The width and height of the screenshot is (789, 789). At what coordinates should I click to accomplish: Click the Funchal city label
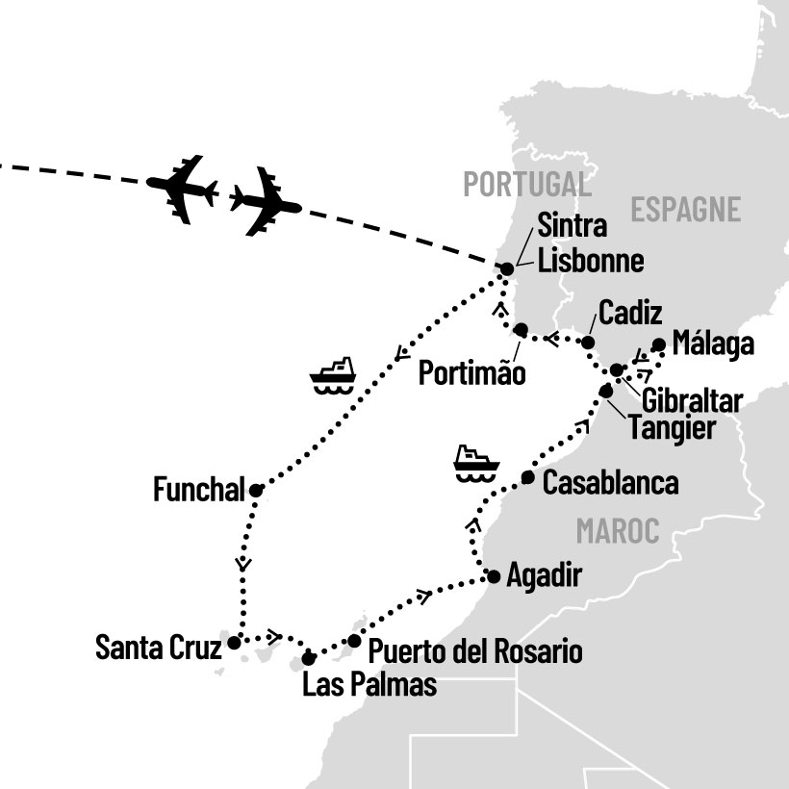tap(199, 490)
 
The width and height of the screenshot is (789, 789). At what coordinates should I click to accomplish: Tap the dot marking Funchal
tap(256, 491)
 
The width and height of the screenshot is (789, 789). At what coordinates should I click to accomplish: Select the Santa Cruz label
tap(156, 647)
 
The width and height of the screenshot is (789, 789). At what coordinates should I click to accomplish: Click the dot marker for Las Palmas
tap(309, 658)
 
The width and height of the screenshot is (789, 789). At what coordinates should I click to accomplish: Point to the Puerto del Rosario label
tap(475, 651)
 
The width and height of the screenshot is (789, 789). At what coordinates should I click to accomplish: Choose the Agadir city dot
tap(494, 577)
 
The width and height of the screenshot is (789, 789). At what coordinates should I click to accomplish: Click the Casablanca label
tap(610, 483)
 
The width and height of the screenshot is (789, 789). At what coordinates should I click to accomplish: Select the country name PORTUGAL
tap(526, 184)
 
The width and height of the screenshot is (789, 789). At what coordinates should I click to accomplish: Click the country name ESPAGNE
tap(686, 209)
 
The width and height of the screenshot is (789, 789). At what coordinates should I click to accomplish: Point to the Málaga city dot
tap(658, 344)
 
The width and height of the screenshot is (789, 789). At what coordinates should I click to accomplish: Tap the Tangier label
tap(672, 427)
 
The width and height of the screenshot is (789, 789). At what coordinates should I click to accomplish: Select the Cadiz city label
tap(629, 313)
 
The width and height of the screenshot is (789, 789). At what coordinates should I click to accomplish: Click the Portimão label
tap(472, 373)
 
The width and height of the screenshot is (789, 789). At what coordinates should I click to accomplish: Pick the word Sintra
tap(573, 227)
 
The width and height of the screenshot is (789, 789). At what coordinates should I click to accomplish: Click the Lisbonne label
tap(591, 261)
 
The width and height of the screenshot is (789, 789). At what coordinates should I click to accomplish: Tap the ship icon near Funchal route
tap(333, 374)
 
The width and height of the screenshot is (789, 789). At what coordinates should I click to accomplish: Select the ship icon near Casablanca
tap(476, 462)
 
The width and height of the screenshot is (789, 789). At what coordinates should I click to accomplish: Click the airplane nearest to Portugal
tap(264, 201)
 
